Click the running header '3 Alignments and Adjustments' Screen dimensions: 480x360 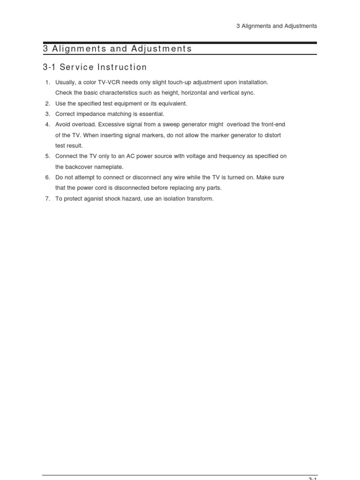tap(277, 26)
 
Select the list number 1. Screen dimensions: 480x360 tap(47, 82)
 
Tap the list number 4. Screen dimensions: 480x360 tap(47, 125)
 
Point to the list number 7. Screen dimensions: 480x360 tap(47, 199)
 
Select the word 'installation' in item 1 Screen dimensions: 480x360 tap(252, 82)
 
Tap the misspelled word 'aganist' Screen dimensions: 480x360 tap(95, 199)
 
